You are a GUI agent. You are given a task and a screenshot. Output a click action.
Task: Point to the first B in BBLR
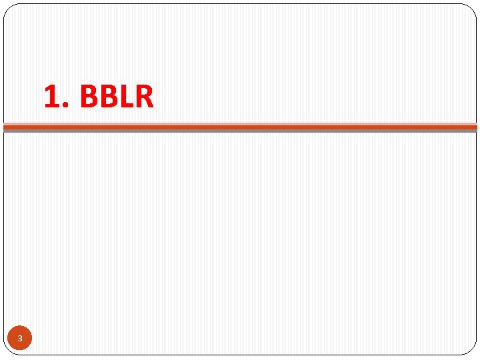tap(88, 97)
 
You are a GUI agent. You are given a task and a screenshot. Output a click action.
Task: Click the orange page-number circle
tap(20, 339)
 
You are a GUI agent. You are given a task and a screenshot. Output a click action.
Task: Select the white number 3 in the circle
tap(20, 339)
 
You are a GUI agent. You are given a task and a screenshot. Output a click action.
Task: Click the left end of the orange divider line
tap(6, 126)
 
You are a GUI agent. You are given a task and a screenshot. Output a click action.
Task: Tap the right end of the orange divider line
tap(475, 126)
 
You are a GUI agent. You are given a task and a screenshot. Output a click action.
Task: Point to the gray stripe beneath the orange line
tap(240, 131)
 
